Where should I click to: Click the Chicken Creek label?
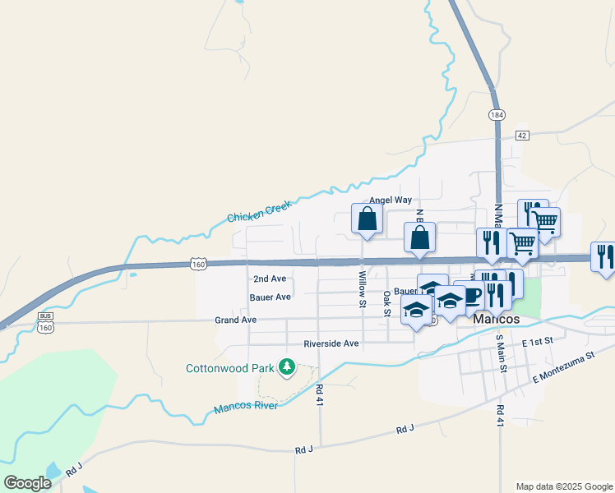tap(259, 212)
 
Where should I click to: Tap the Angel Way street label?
tap(390, 200)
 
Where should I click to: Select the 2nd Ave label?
tap(270, 279)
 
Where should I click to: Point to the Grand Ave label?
tap(236, 320)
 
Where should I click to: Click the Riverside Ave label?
tap(331, 343)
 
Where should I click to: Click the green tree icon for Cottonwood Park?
tap(287, 366)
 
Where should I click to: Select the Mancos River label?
tap(245, 408)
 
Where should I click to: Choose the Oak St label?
tap(386, 301)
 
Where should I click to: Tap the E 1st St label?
tap(539, 339)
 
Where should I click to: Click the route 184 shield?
tap(496, 115)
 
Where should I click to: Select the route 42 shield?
tap(522, 134)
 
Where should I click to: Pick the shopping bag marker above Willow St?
tap(367, 219)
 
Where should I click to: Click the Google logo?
tap(27, 483)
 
